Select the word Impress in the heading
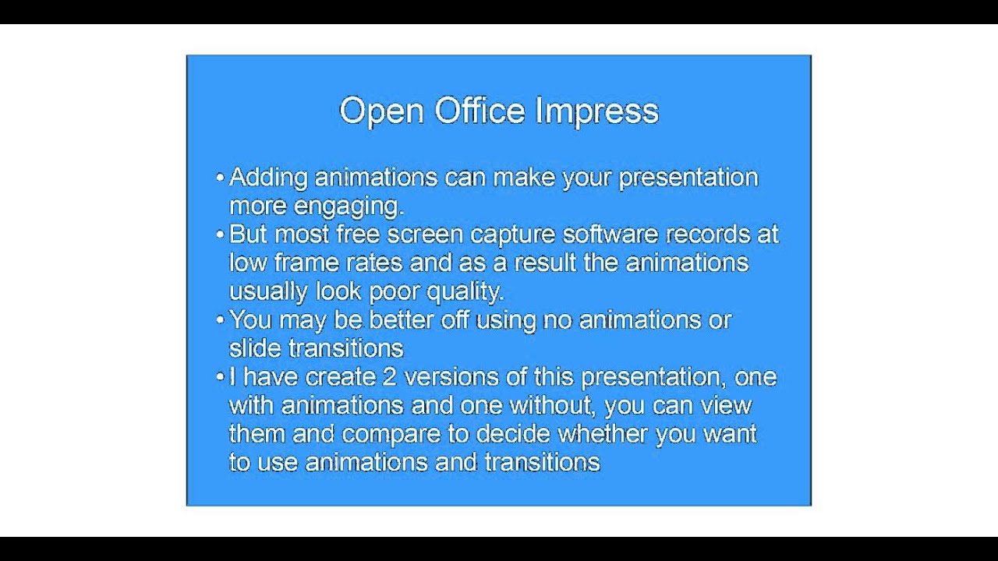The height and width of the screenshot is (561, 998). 596,111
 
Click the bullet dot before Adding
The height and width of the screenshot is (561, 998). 220,178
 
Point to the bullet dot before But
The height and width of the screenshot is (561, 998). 220,234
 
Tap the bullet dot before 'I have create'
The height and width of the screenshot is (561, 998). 220,377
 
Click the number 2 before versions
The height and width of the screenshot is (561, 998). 390,377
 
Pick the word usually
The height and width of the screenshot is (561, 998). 268,292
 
